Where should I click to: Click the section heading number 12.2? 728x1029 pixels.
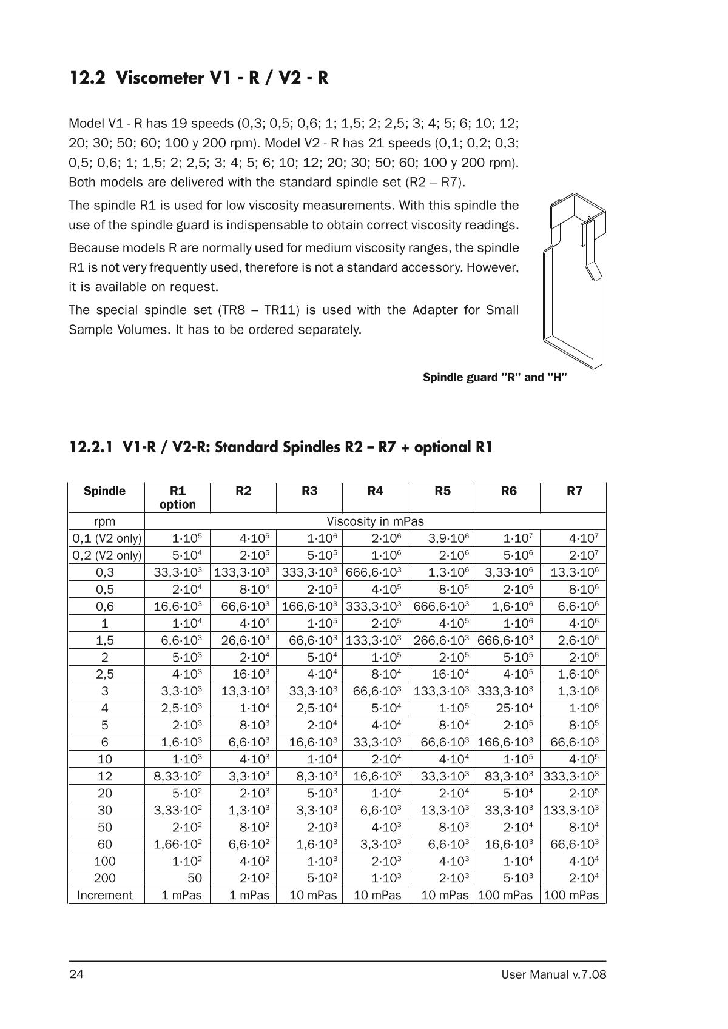point(89,78)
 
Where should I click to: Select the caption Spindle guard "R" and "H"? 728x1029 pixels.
point(494,377)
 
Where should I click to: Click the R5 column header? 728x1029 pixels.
point(442,491)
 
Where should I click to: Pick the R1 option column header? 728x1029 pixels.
point(178,497)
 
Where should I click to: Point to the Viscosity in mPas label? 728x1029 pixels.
point(375,521)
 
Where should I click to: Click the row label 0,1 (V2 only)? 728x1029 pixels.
point(107,538)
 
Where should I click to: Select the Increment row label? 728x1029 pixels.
point(105,895)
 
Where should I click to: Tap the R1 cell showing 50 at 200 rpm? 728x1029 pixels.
point(194,878)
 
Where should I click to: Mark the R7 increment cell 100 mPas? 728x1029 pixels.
point(571,895)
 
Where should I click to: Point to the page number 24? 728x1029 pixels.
point(76,974)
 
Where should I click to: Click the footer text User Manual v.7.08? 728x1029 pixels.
point(553,974)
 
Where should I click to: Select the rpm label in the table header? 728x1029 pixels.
point(105,521)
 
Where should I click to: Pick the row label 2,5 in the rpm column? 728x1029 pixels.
point(105,674)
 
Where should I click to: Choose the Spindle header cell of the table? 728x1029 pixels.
point(105,491)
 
